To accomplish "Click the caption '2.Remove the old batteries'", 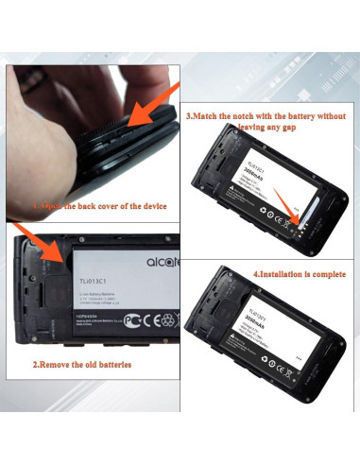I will (81, 364).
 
